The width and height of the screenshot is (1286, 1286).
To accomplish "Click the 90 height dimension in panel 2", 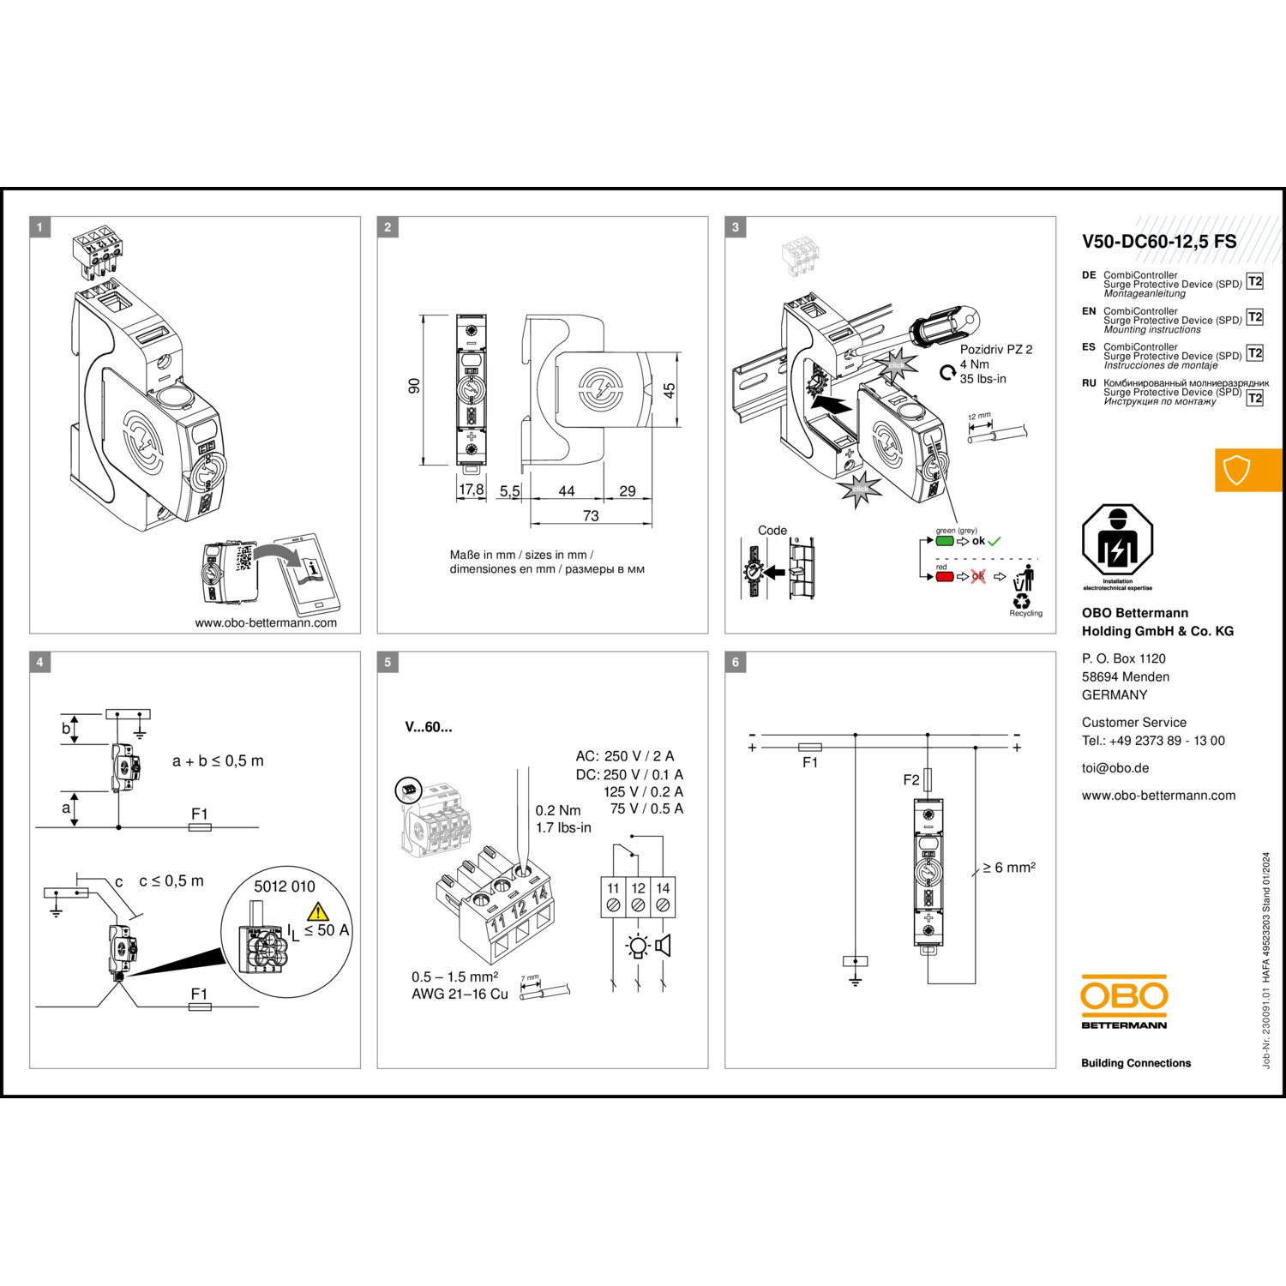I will (415, 387).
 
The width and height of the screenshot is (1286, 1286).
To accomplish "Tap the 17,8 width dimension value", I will (472, 490).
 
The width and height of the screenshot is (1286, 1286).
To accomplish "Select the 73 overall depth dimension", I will (591, 515).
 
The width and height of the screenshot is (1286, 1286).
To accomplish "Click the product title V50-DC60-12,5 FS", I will (1159, 242).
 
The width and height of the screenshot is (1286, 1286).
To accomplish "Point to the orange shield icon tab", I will (1237, 470).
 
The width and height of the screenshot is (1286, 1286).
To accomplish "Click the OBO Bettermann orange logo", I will (1124, 996).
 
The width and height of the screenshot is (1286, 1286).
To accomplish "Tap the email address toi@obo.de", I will (1115, 768).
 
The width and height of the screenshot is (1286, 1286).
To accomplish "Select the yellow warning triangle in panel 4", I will (318, 911).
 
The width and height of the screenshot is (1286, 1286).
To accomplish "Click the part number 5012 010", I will (285, 886).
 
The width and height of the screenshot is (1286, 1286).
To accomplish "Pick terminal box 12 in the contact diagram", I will (638, 897).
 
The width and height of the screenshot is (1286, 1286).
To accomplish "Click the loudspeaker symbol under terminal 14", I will (663, 946).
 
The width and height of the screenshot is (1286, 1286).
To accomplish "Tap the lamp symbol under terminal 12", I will (638, 946).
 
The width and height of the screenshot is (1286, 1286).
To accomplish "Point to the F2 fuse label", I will (911, 779).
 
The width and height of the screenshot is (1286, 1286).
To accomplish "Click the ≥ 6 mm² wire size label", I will (1009, 868).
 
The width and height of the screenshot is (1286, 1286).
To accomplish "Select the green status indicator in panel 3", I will (945, 541).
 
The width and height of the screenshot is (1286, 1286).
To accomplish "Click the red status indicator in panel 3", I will (945, 576).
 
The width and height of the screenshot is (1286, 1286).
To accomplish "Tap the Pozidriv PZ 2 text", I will (996, 350).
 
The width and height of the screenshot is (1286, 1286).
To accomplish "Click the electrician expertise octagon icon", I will (1117, 541).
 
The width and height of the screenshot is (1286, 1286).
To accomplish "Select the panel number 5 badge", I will (388, 662).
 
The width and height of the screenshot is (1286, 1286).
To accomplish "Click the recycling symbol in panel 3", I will (1022, 602).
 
